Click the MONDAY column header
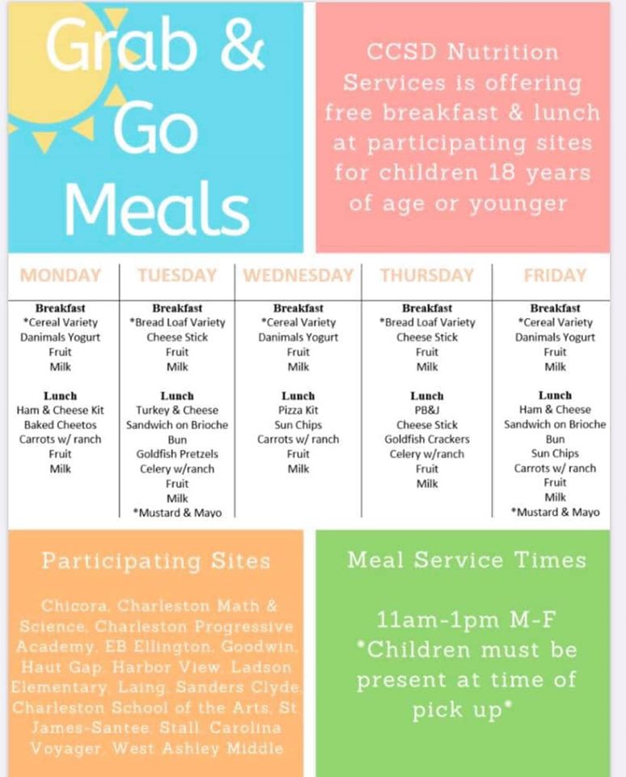pyautogui.click(x=60, y=275)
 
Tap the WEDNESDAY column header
pyautogui.click(x=298, y=275)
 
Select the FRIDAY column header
pyautogui.click(x=555, y=275)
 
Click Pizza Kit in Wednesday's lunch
pyautogui.click(x=298, y=410)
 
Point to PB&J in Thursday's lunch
pyautogui.click(x=427, y=410)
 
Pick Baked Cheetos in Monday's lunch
pyautogui.click(x=60, y=425)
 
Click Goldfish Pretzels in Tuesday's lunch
pyautogui.click(x=177, y=454)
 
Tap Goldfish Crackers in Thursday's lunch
pyautogui.click(x=427, y=439)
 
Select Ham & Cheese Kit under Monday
pyautogui.click(x=60, y=410)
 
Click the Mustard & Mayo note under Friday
pyautogui.click(x=555, y=512)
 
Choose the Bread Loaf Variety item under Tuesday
pyautogui.click(x=177, y=323)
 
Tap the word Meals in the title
pyautogui.click(x=157, y=208)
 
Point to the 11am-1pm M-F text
pyautogui.click(x=466, y=619)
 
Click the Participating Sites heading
pyautogui.click(x=156, y=561)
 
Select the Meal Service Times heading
pyautogui.click(x=467, y=560)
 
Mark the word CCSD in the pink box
pyautogui.click(x=402, y=52)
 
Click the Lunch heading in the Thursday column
pyautogui.click(x=427, y=396)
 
